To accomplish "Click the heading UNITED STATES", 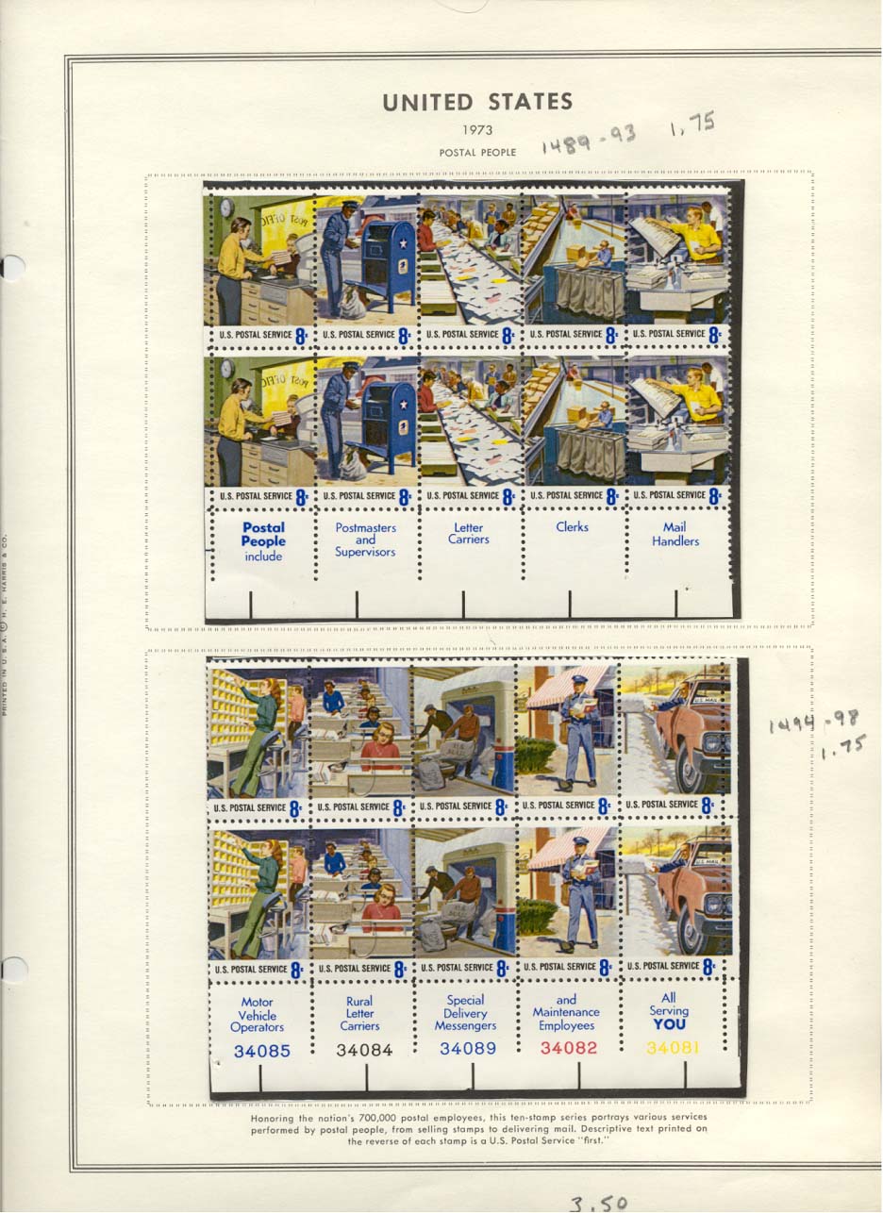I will [477, 102].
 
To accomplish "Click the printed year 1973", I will [477, 130].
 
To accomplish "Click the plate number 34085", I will [261, 1050].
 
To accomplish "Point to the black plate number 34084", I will [364, 1049].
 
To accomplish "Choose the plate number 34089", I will [467, 1048].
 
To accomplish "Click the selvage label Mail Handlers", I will [675, 534].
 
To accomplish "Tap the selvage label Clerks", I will [572, 527].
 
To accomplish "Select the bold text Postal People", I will [263, 535].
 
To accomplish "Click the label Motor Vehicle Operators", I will [257, 1015].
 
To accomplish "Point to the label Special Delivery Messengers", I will [465, 1013].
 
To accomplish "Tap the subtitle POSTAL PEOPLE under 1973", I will [477, 152].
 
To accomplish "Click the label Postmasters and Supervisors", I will [365, 540].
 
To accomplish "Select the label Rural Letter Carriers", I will [359, 1013].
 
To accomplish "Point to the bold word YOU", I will [669, 1024].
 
